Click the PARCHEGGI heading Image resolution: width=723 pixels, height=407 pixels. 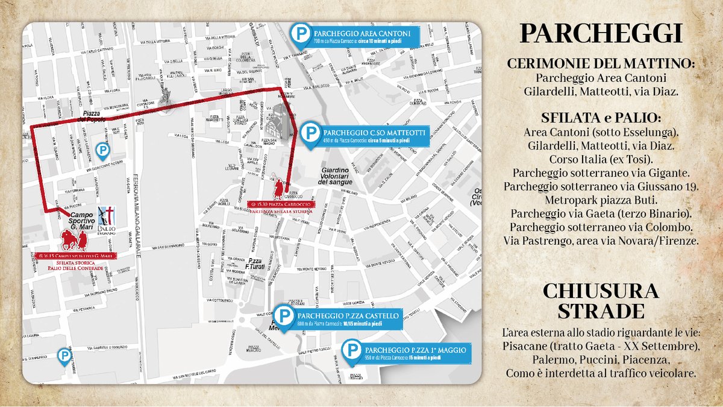pos(601,34)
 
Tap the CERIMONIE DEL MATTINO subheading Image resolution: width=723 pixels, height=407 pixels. pos(601,64)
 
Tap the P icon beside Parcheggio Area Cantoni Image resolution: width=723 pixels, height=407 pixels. pos(299,35)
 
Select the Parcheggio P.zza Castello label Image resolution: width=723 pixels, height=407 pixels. pos(346,320)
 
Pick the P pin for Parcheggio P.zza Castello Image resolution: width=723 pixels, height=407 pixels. pos(283,317)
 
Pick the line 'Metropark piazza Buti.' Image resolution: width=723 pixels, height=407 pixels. pos(601,200)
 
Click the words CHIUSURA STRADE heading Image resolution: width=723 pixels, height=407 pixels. pos(601,301)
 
